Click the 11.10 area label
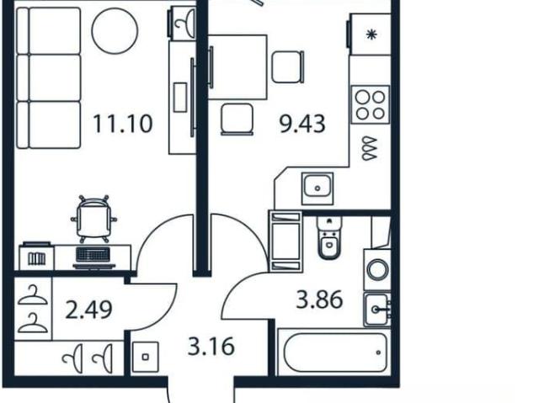(123, 124)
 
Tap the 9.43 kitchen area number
(302, 124)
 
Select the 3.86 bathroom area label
(319, 300)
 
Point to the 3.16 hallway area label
(211, 346)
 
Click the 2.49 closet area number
(88, 310)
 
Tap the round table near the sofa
(115, 30)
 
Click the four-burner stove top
(371, 104)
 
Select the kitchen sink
(318, 188)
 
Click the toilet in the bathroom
(329, 237)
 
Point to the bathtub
(335, 353)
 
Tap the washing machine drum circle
(377, 269)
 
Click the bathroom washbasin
(377, 310)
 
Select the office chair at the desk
(93, 219)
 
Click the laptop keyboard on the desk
(93, 255)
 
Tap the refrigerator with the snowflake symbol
(369, 34)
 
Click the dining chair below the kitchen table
(237, 119)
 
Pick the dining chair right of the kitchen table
(288, 67)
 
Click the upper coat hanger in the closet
(32, 295)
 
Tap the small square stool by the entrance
(145, 357)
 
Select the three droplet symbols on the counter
(369, 148)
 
